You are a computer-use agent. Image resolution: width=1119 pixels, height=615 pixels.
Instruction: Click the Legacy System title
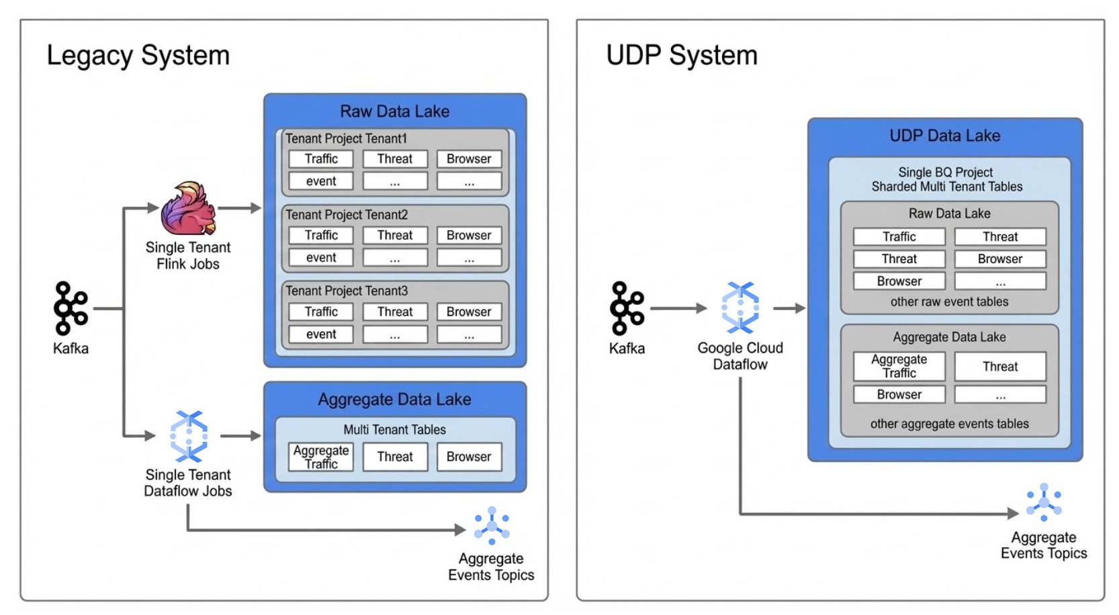point(138,55)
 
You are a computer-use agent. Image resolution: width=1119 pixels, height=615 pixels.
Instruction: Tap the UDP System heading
point(681,55)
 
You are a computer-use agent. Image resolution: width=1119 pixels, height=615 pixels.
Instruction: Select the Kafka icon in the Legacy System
point(71,308)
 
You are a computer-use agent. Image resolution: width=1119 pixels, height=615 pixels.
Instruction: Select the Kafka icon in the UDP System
point(627,308)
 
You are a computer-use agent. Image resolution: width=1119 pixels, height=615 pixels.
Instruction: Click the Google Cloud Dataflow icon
point(740,307)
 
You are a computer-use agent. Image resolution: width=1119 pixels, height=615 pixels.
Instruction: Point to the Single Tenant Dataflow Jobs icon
point(188,436)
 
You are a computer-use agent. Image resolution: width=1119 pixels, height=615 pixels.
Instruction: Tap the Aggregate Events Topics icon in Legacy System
point(491,525)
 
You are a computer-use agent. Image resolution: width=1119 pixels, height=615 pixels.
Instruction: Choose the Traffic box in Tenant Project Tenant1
point(321,159)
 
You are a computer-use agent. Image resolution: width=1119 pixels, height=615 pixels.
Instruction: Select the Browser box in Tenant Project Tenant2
point(469,236)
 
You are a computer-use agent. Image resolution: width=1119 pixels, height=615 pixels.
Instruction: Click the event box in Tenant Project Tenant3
point(321,334)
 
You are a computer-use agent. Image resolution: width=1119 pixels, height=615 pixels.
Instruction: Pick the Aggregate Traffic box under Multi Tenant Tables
point(321,457)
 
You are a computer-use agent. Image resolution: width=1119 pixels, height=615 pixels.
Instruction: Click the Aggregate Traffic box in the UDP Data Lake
point(899,366)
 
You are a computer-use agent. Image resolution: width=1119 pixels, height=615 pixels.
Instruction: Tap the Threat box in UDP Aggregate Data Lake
point(1000,366)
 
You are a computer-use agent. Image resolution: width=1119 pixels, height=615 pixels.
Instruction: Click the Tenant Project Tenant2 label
point(347,215)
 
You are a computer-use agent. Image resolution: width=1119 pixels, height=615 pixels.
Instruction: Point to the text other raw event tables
point(949,301)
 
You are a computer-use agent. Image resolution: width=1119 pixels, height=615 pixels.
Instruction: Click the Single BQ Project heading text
point(945,173)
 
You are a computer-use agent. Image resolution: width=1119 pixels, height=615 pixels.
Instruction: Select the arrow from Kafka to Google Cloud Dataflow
point(678,308)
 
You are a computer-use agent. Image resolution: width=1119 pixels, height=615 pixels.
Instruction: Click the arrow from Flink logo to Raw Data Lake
point(239,208)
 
